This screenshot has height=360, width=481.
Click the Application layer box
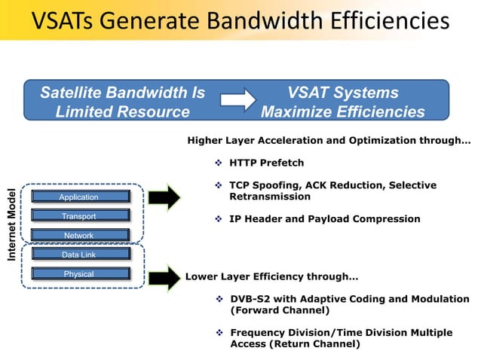pyautogui.click(x=79, y=197)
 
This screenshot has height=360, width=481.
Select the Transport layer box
pyautogui.click(x=79, y=217)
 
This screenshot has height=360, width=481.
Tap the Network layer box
pyautogui.click(x=79, y=236)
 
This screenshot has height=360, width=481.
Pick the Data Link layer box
pyautogui.click(x=79, y=255)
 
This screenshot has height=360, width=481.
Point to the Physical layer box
pyautogui.click(x=79, y=274)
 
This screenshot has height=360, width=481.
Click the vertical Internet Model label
pyautogui.click(x=12, y=224)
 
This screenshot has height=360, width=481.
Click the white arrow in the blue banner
pyautogui.click(x=239, y=102)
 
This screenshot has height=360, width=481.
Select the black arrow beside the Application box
pyautogui.click(x=164, y=197)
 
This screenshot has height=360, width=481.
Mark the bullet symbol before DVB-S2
pyautogui.click(x=219, y=299)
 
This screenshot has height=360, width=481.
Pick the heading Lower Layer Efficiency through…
pyautogui.click(x=271, y=276)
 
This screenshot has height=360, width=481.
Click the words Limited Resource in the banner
pyautogui.click(x=122, y=111)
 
